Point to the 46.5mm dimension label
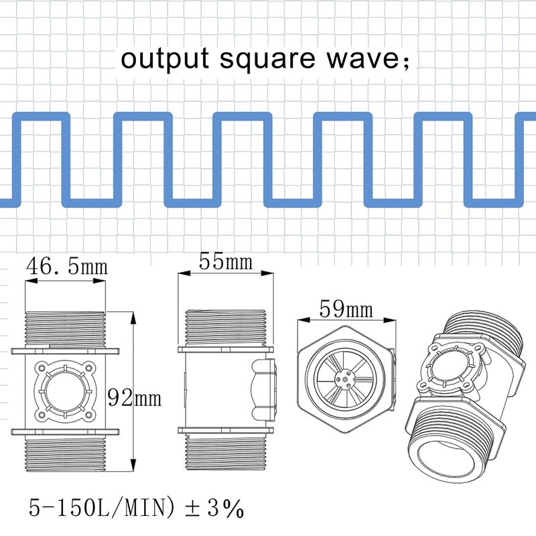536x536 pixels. point(66,267)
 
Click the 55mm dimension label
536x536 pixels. point(224,261)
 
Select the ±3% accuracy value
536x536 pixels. point(214,509)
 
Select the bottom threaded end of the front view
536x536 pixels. point(65,454)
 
